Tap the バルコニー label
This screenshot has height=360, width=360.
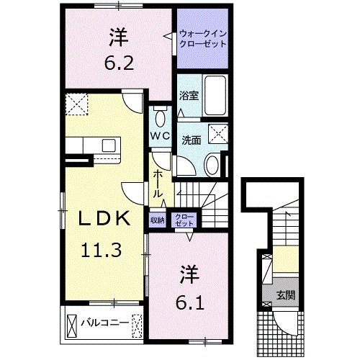pyautogui.click(x=104, y=322)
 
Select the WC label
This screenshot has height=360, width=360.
pyautogui.click(x=160, y=135)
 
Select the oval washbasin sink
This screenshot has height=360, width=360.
pyautogui.click(x=212, y=164)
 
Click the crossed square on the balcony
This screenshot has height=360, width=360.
pyautogui.click(x=75, y=322)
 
